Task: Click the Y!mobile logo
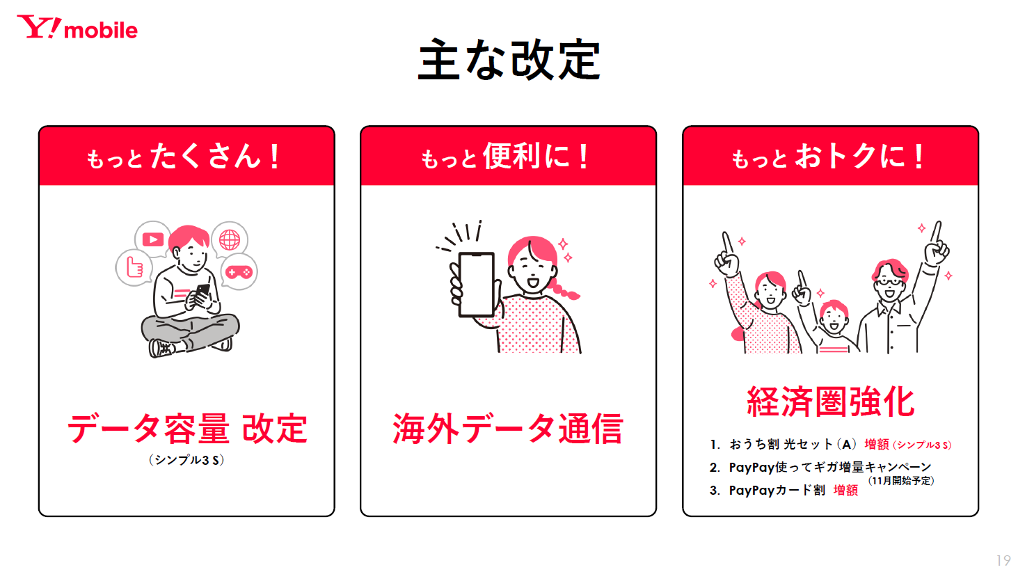[77, 27]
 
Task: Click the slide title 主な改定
[509, 60]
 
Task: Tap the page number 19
[1003, 560]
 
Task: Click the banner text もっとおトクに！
[827, 157]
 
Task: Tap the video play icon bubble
[152, 239]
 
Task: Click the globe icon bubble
[230, 239]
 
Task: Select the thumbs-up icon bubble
[134, 267]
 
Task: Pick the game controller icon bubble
[239, 271]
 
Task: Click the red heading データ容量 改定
[187, 429]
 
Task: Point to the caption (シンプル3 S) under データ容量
[186, 460]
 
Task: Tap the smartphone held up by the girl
[476, 285]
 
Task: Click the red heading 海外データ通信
[508, 429]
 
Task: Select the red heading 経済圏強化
[830, 402]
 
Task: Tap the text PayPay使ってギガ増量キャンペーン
[830, 467]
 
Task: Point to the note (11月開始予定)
[900, 481]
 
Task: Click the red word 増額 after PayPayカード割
[845, 490]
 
